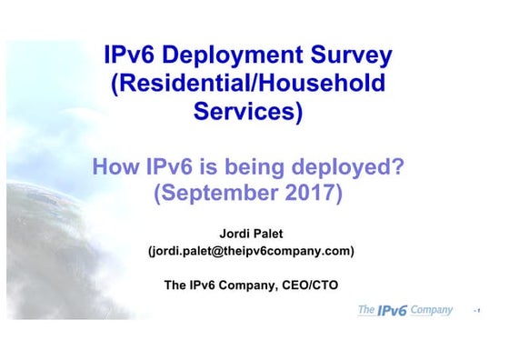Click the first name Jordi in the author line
pyautogui.click(x=230, y=233)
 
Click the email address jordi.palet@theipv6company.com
pyautogui.click(x=251, y=251)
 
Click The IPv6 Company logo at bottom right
pyautogui.click(x=404, y=311)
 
